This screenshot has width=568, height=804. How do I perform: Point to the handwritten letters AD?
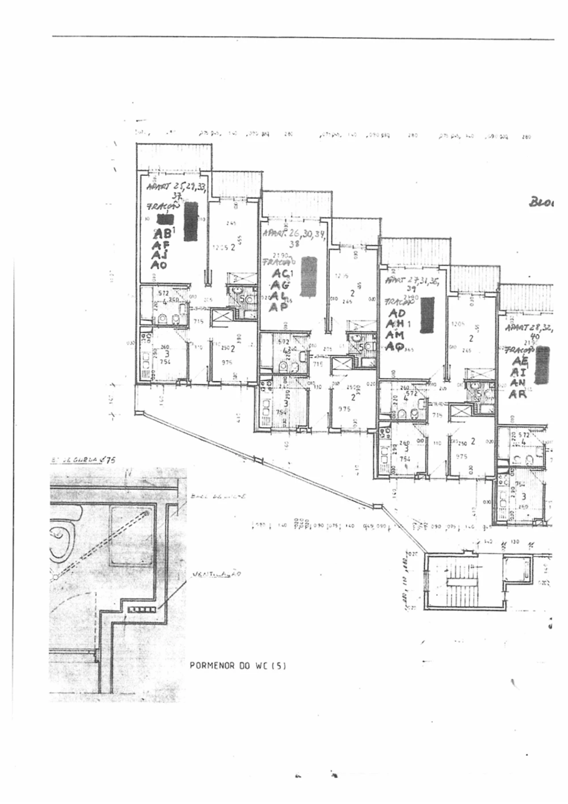(396, 314)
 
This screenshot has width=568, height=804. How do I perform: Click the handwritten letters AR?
(517, 394)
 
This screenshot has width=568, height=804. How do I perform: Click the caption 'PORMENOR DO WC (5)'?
(235, 666)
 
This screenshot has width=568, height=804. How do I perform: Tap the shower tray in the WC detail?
(131, 537)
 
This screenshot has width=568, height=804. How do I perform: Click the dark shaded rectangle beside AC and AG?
(308, 277)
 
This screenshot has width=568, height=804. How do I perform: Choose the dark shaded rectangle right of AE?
(542, 365)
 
